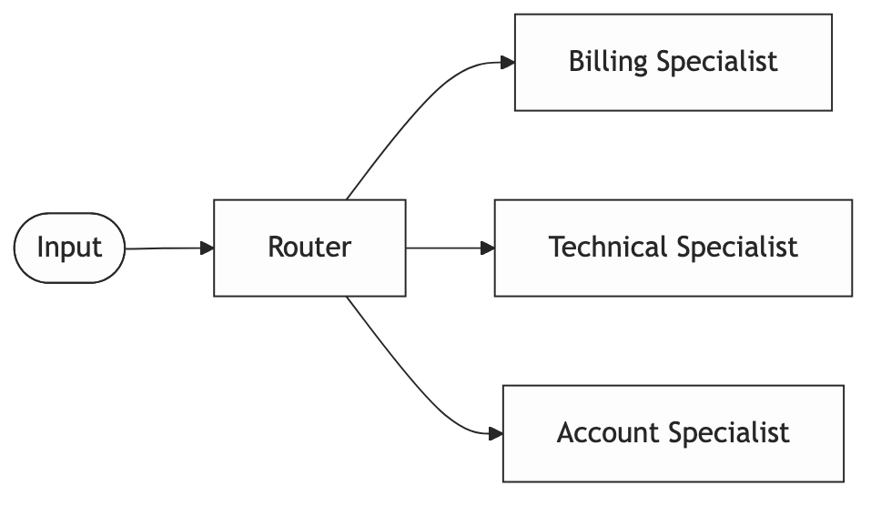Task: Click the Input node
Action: click(x=69, y=248)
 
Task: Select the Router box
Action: click(x=309, y=248)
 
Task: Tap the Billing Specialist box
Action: click(x=673, y=62)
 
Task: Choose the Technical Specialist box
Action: click(x=673, y=248)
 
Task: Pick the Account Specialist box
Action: click(x=673, y=433)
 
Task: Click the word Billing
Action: click(x=608, y=62)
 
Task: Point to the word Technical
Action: click(x=607, y=248)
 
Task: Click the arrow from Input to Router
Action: click(x=164, y=248)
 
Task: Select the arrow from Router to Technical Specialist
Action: click(x=446, y=248)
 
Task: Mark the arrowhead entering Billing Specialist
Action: click(x=508, y=63)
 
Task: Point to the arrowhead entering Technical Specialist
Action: click(x=488, y=248)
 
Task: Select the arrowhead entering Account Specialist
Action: click(x=496, y=433)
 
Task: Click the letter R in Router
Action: click(x=276, y=248)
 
